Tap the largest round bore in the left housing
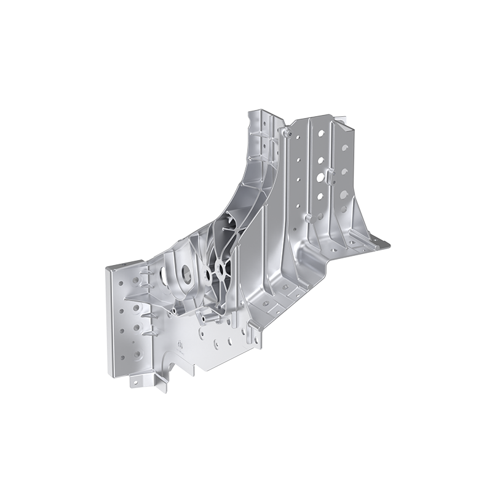click(184, 273)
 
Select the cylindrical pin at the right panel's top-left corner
click(287, 132)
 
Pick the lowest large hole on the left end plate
click(137, 355)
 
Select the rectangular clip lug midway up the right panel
click(330, 178)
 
